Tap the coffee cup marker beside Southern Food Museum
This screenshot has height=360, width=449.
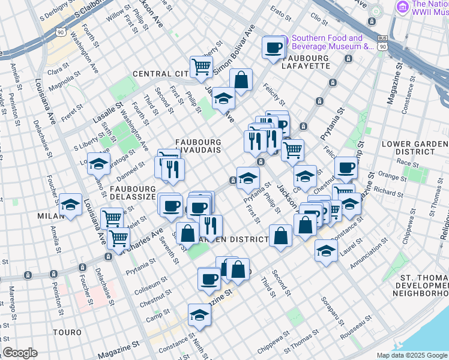[x=273, y=47]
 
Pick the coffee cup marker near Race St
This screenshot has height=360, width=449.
[x=345, y=168]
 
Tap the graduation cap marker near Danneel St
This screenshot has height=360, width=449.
[x=99, y=163]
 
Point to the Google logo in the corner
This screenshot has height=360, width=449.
[x=20, y=353]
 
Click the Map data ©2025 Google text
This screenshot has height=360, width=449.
[x=412, y=355]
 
